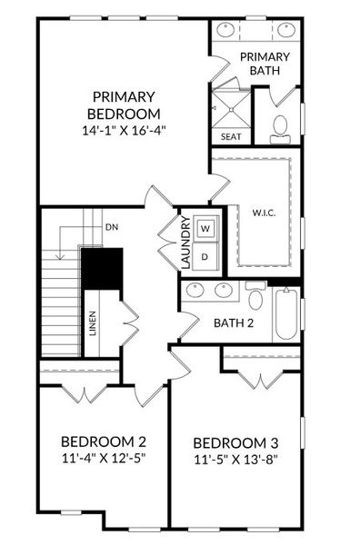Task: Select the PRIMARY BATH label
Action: coord(265,64)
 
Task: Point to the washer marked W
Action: coord(205,228)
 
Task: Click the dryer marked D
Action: coord(205,256)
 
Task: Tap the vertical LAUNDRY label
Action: coord(184,243)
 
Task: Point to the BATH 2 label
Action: coord(233,322)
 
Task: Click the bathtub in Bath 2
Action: coord(285,314)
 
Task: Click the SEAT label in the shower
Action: coord(230,137)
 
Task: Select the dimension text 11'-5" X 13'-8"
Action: coord(236,460)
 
